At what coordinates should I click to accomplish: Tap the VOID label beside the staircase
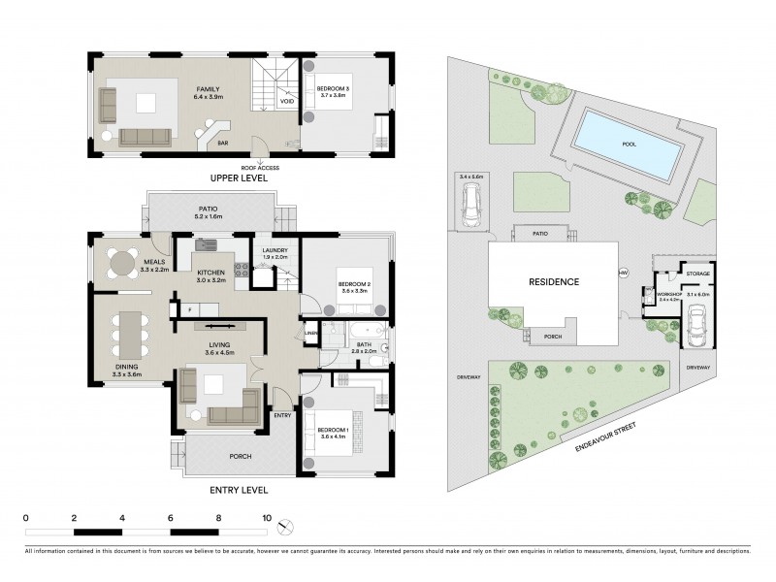tap(287, 100)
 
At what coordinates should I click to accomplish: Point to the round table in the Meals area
tap(121, 264)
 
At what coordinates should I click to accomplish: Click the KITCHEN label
tap(211, 274)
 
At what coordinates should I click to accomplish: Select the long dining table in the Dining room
tap(129, 336)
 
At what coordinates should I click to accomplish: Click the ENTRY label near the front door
tap(282, 415)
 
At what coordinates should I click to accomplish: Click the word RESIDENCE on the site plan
tap(555, 282)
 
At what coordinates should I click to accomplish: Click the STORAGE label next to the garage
tap(698, 274)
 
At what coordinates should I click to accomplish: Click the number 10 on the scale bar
tap(266, 518)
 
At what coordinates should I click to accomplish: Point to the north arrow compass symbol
tap(283, 528)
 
